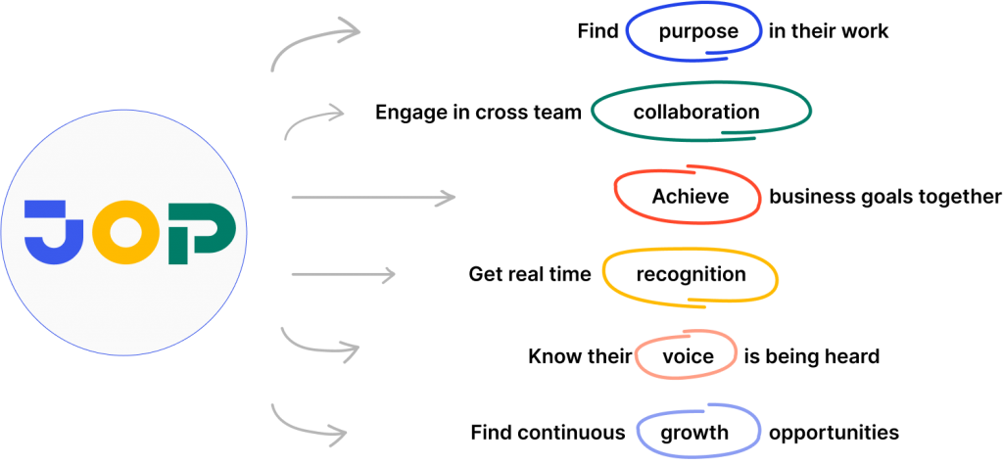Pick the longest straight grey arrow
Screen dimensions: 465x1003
pyautogui.click(x=372, y=199)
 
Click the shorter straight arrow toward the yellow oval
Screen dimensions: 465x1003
pyautogui.click(x=343, y=275)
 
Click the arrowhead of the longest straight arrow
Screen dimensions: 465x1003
pyautogui.click(x=449, y=199)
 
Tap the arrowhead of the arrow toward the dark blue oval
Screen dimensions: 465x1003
pyautogui.click(x=353, y=29)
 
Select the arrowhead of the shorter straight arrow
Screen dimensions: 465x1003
pyautogui.click(x=389, y=275)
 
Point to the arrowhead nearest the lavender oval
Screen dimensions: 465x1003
pyautogui.click(x=340, y=432)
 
